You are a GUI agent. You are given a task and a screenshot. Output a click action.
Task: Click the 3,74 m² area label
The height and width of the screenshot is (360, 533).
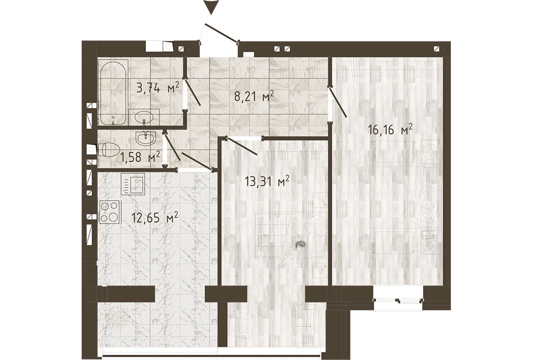(x=157, y=88)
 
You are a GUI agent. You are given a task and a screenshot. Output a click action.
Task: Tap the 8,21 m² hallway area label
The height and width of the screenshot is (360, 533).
(x=254, y=97)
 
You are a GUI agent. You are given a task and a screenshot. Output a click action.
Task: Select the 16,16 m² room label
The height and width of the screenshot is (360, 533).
(x=390, y=129)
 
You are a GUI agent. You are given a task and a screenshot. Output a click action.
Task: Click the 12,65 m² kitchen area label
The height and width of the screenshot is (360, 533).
(x=155, y=217)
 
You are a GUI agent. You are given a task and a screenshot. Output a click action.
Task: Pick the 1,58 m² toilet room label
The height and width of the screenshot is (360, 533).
(x=140, y=157)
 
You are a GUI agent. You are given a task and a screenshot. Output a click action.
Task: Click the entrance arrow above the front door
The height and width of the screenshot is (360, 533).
(x=211, y=7)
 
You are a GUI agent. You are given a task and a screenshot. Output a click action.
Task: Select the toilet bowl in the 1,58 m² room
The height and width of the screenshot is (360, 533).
(x=109, y=151)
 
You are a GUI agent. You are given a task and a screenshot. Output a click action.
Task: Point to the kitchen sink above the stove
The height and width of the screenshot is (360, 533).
(x=133, y=183)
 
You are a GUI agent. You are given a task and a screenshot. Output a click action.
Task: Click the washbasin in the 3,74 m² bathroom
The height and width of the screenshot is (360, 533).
(x=145, y=117)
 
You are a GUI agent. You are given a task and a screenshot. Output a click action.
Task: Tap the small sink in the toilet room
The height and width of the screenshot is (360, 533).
(x=145, y=138)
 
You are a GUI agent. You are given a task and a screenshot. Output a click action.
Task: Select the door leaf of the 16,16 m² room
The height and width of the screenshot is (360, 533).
(x=338, y=102)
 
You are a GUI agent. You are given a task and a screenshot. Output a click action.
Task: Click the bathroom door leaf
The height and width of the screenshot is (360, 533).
(x=193, y=92)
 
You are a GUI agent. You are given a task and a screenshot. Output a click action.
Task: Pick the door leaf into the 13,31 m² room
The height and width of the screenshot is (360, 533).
(x=242, y=146)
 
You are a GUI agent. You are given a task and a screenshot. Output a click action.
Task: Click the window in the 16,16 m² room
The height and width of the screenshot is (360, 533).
(x=399, y=294)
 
